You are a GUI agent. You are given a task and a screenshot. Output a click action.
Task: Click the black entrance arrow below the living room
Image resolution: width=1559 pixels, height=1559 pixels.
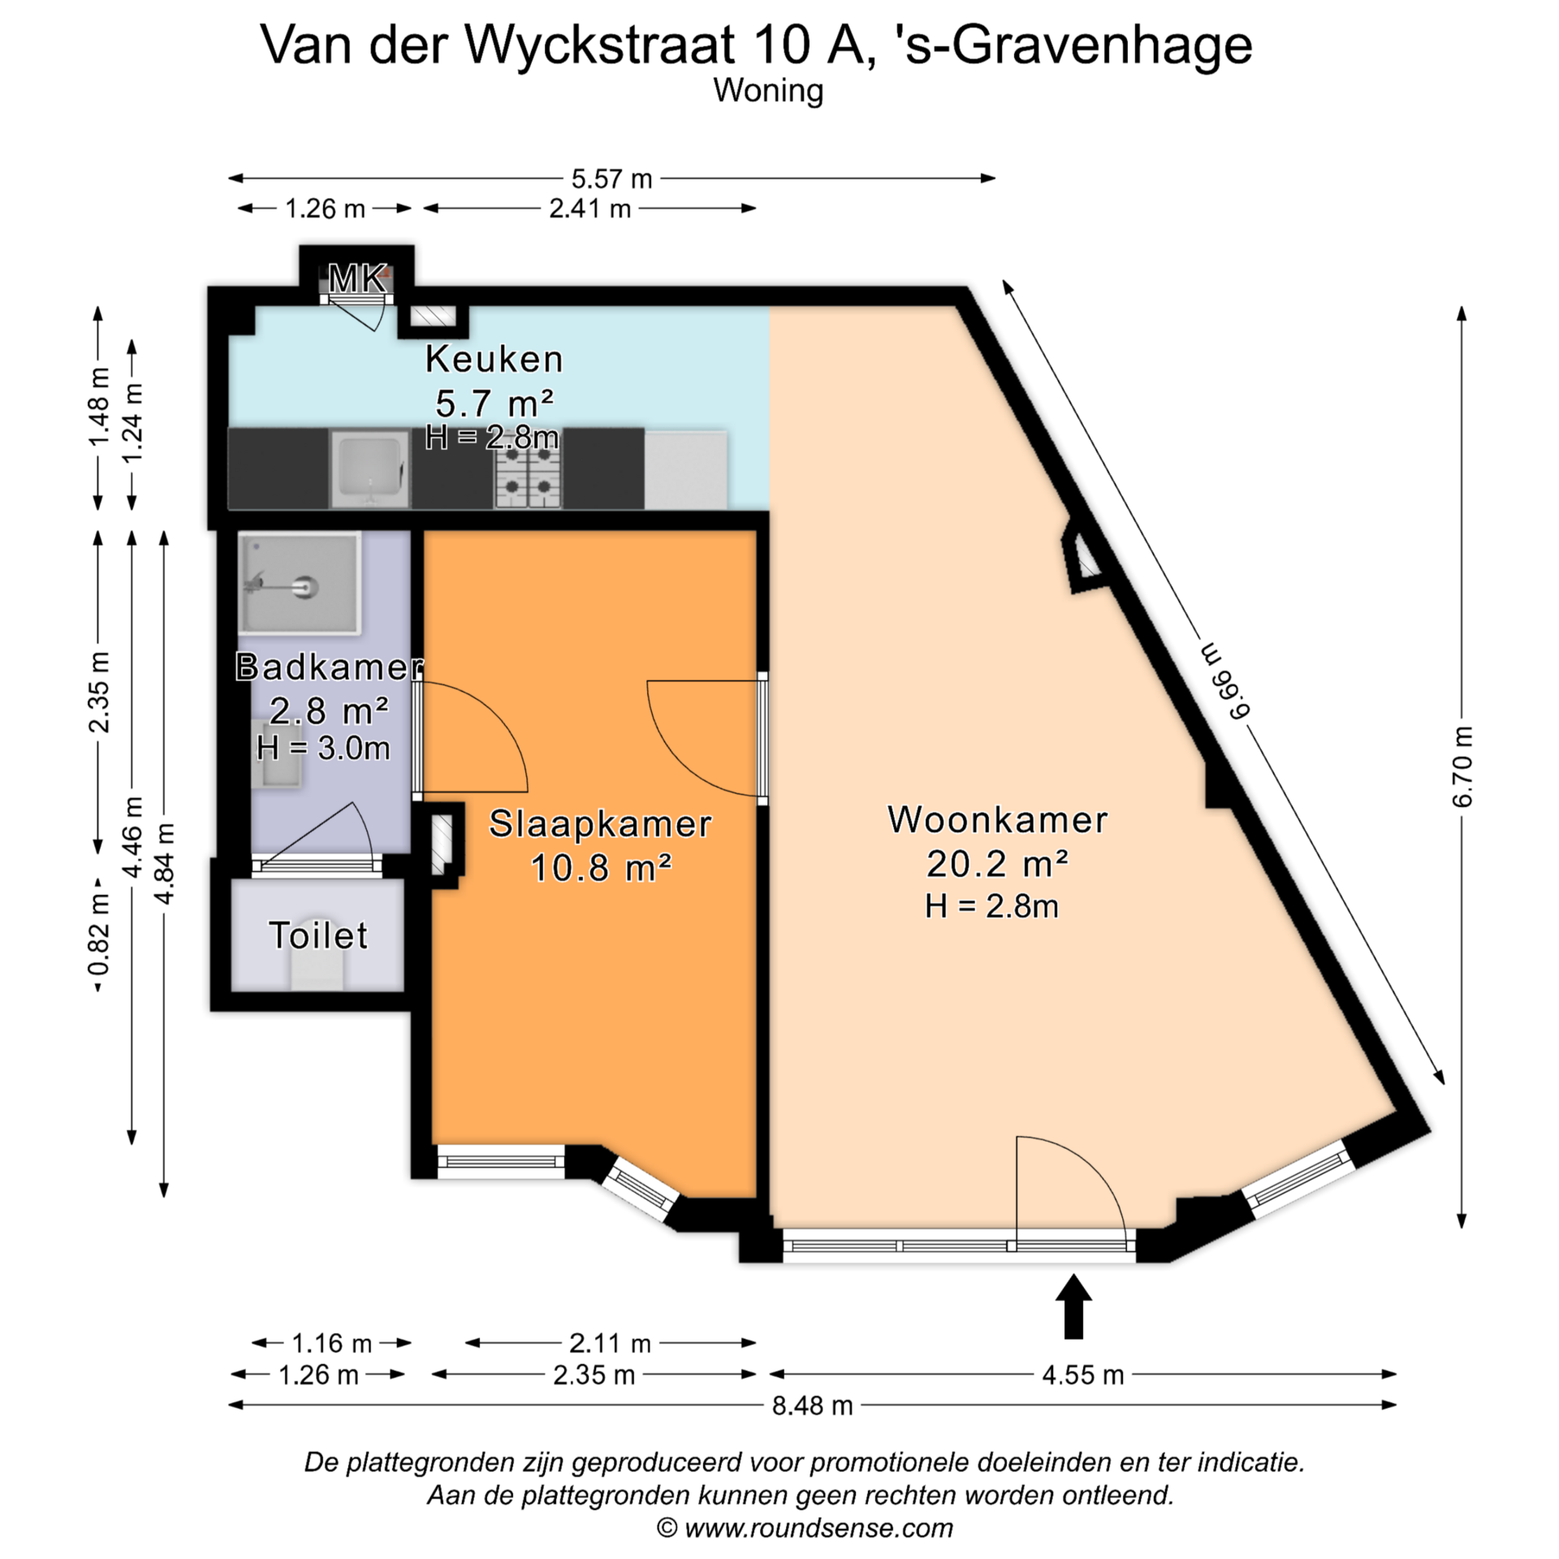pyautogui.click(x=1073, y=1306)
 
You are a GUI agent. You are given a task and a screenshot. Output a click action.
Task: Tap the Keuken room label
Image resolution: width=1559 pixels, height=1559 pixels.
pyautogui.click(x=494, y=359)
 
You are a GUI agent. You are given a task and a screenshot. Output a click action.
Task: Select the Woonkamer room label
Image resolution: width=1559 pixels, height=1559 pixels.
pyautogui.click(x=997, y=819)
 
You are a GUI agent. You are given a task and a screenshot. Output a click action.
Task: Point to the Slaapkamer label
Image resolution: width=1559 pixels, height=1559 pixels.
pyautogui.click(x=600, y=824)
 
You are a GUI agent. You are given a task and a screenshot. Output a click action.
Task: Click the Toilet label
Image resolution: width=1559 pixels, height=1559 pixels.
pyautogui.click(x=318, y=935)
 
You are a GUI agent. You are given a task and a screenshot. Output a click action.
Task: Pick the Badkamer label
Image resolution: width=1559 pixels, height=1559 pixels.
pyautogui.click(x=329, y=667)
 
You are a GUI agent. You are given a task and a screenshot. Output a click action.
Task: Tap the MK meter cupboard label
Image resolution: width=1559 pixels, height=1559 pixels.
pyautogui.click(x=356, y=279)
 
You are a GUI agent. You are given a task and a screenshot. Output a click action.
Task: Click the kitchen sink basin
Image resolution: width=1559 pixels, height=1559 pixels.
pyautogui.click(x=369, y=469)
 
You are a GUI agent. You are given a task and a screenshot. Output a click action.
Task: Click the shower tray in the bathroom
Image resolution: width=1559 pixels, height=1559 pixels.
pyautogui.click(x=300, y=583)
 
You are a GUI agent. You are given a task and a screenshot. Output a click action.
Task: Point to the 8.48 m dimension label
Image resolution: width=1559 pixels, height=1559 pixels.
pyautogui.click(x=812, y=1405)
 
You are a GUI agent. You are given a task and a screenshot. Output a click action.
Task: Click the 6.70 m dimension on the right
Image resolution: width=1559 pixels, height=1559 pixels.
pyautogui.click(x=1462, y=767)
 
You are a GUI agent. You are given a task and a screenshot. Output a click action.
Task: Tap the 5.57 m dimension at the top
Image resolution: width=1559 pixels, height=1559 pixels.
pyautogui.click(x=611, y=179)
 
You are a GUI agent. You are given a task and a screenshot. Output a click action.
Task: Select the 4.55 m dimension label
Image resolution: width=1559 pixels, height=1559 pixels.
pyautogui.click(x=1083, y=1375)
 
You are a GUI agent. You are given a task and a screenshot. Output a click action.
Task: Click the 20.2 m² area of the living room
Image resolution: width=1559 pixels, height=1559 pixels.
pyautogui.click(x=997, y=863)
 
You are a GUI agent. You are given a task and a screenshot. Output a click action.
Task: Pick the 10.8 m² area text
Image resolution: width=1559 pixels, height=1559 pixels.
pyautogui.click(x=600, y=868)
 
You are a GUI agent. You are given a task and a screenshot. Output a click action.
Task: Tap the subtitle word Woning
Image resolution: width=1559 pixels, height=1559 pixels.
pyautogui.click(x=768, y=90)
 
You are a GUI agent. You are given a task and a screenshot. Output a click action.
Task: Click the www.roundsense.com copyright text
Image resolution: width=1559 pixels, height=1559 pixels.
pyautogui.click(x=805, y=1528)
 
